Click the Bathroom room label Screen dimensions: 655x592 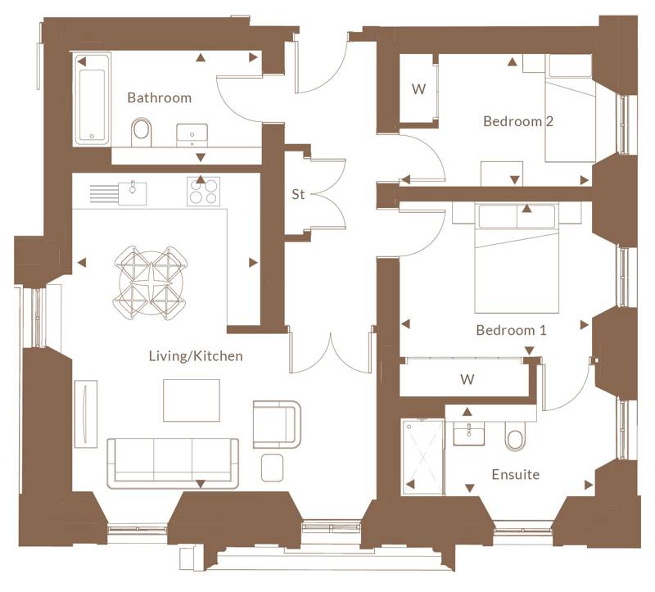pos(159,97)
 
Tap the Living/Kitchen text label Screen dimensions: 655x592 pos(196,356)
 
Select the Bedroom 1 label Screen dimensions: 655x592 pos(511,331)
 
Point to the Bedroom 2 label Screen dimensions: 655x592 pos(518,121)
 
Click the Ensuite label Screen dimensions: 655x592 pos(516,475)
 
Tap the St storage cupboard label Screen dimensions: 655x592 pos(298,194)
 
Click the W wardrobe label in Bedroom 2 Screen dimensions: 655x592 pos(418,89)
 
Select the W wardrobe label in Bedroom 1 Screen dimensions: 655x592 pos(467,379)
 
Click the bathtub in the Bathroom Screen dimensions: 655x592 pos(92,99)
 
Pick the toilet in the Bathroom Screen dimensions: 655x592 pos(141,133)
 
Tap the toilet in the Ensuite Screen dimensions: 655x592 pos(515,436)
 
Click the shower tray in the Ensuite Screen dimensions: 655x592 pos(422,458)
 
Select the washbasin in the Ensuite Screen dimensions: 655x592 pos(468,433)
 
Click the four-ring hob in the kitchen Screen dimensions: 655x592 pos(203,192)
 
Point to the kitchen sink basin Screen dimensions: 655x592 pos(133,193)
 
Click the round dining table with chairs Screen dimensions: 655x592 pos(151,282)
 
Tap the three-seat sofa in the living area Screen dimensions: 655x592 pos(173,463)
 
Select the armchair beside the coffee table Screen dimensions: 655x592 pos(277,424)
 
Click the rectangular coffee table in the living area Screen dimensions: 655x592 pos(192,400)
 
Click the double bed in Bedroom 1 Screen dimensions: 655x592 pos(517,258)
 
